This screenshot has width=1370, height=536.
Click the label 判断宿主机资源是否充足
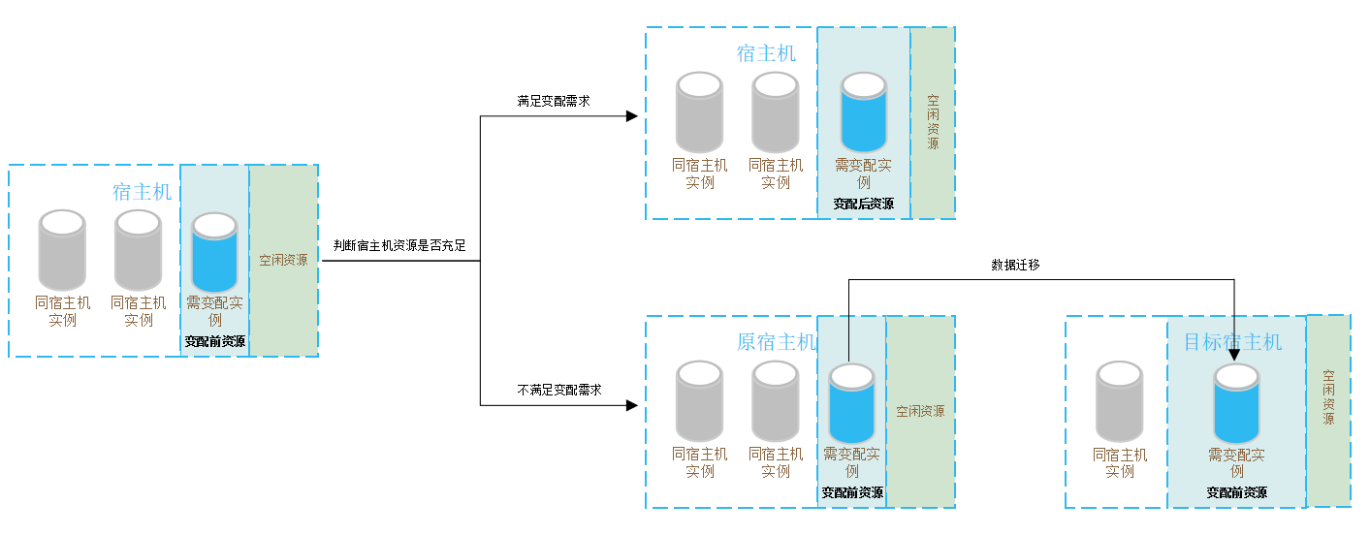pyautogui.click(x=399, y=245)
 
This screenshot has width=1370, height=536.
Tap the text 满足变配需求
pyautogui.click(x=554, y=101)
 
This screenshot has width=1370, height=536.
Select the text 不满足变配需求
pyautogui.click(x=559, y=390)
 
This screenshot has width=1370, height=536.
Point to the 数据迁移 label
pyautogui.click(x=1015, y=265)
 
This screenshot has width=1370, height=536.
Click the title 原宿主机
pyautogui.click(x=776, y=342)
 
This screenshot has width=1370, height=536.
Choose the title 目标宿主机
pyautogui.click(x=1232, y=342)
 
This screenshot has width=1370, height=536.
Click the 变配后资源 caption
pyautogui.click(x=864, y=204)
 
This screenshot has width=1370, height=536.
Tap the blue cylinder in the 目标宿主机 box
pyautogui.click(x=1236, y=403)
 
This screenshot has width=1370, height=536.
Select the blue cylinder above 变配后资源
pyautogui.click(x=864, y=111)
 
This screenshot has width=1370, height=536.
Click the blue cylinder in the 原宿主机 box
pyautogui.click(x=851, y=403)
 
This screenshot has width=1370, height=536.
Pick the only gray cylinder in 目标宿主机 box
pyautogui.click(x=1119, y=401)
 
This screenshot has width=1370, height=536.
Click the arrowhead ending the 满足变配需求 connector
pyautogui.click(x=632, y=116)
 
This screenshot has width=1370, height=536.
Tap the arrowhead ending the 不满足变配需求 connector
pyautogui.click(x=632, y=405)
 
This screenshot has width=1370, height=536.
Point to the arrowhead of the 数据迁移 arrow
pyautogui.click(x=1234, y=355)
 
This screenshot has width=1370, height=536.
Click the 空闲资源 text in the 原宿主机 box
pyautogui.click(x=920, y=411)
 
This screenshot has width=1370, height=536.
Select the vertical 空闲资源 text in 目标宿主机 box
pyautogui.click(x=1328, y=397)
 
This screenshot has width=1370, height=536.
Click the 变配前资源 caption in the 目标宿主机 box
pyautogui.click(x=1236, y=492)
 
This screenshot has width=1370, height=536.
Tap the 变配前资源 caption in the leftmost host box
pyautogui.click(x=214, y=341)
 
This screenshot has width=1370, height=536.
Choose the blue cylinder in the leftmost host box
pyautogui.click(x=214, y=252)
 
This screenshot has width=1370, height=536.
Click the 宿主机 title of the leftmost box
pyautogui.click(x=142, y=192)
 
